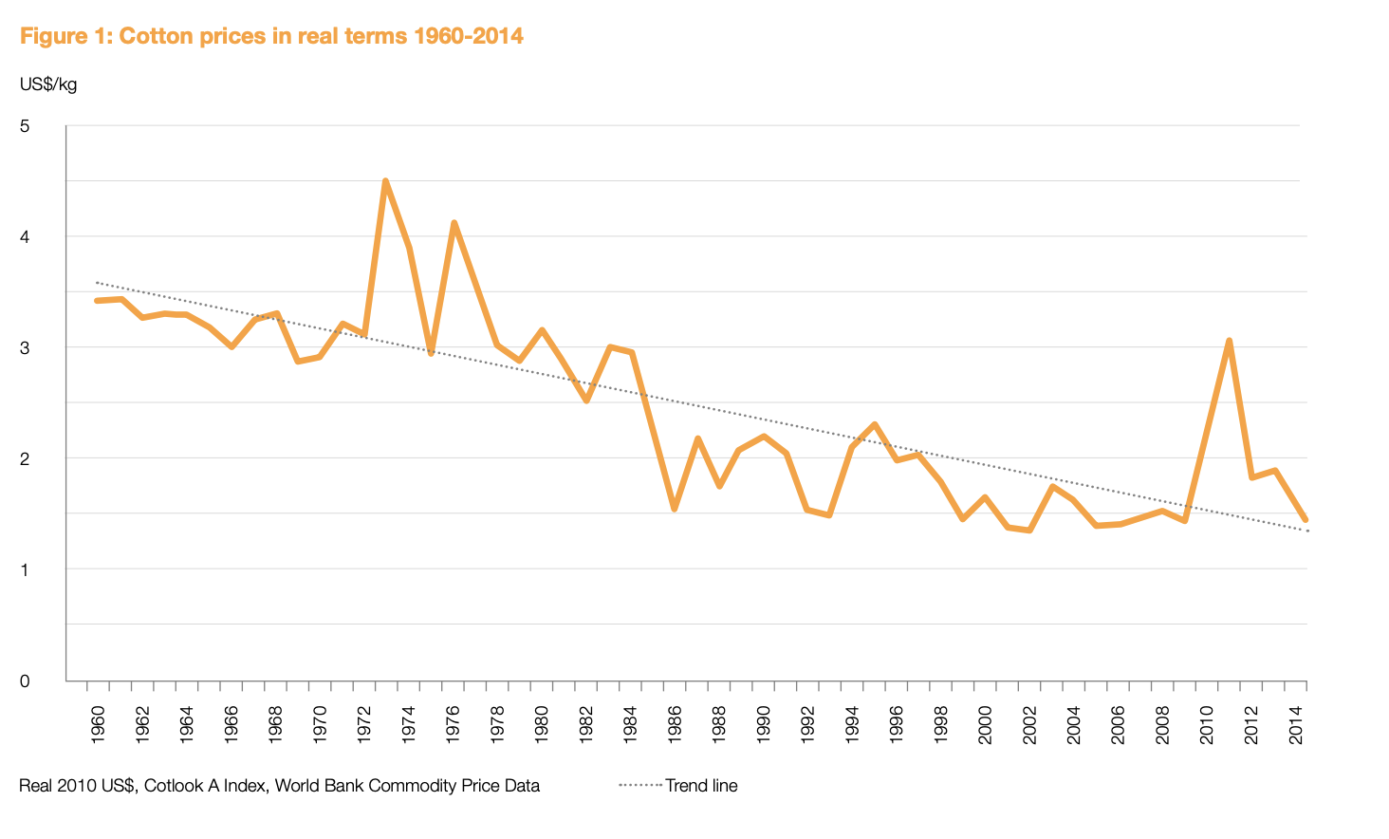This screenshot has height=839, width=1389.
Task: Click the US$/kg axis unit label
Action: [47, 84]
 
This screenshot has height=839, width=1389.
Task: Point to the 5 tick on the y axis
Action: [25, 126]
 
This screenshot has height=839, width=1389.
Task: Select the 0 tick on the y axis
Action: [25, 681]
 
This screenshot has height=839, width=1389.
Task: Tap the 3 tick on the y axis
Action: [25, 347]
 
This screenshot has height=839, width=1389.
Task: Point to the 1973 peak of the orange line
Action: [385, 180]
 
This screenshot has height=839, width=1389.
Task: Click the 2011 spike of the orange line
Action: [1229, 341]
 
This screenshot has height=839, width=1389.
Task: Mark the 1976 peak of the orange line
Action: [454, 223]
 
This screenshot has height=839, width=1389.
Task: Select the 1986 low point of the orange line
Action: [674, 510]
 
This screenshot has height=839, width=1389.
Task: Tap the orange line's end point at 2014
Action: [1306, 520]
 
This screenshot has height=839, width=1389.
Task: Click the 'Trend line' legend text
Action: [701, 786]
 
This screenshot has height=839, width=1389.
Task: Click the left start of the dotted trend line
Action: [97, 282]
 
